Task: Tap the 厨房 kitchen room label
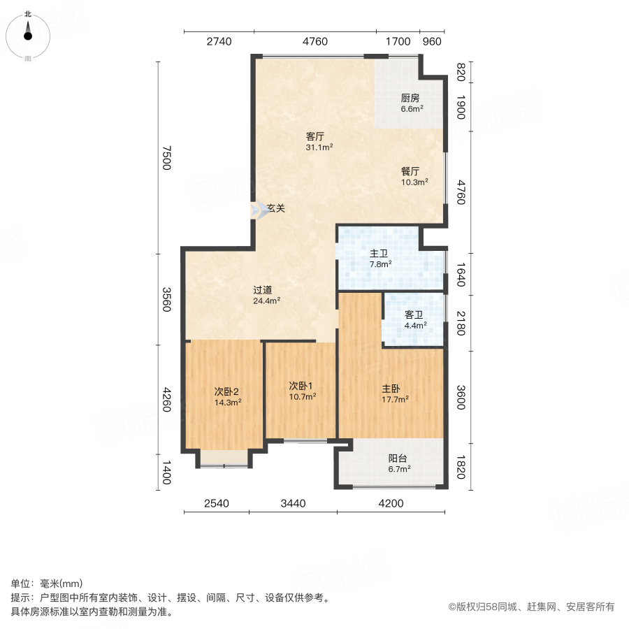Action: click(410, 98)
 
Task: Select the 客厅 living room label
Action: click(316, 136)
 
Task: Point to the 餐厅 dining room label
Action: click(410, 171)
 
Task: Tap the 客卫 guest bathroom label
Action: click(414, 314)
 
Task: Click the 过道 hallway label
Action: click(263, 290)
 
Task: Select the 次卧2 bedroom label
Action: click(227, 391)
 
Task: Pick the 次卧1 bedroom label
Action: click(301, 385)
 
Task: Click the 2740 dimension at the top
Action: click(219, 42)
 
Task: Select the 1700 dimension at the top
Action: click(398, 42)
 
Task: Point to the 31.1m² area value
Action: click(319, 147)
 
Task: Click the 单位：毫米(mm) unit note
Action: click(46, 584)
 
